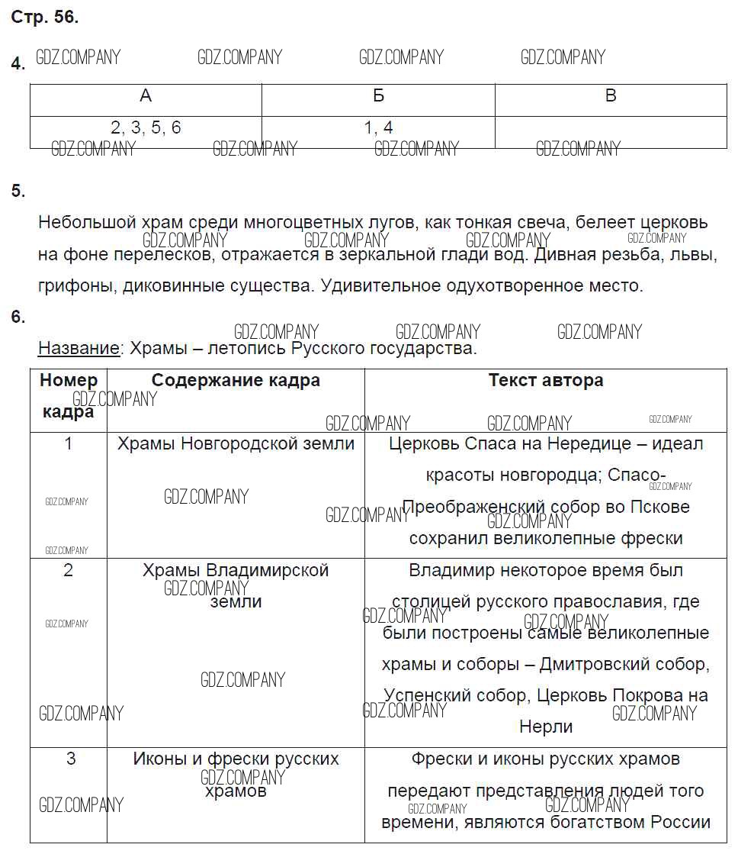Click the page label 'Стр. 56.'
point(44,18)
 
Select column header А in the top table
point(146,96)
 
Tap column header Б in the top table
point(378,96)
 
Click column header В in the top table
point(610,96)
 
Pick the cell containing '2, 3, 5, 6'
point(146,128)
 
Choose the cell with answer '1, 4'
point(378,128)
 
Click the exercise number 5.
point(18,192)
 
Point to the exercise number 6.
point(18,317)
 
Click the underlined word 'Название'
point(79,349)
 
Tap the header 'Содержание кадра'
point(236,380)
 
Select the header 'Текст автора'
point(545,380)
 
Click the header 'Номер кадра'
point(69,395)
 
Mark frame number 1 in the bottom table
point(69,443)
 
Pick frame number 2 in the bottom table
point(69,570)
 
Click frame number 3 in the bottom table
point(70,759)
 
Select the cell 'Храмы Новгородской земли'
point(236,443)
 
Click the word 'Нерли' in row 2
point(545,727)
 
